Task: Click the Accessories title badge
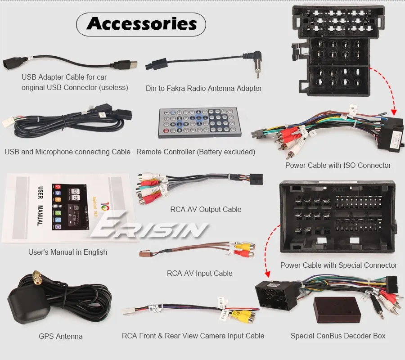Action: [141, 24]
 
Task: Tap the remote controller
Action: [199, 122]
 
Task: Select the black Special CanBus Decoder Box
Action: [337, 310]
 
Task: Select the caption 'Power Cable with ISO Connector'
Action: [338, 165]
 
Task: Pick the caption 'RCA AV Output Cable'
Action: [206, 209]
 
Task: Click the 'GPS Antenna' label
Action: [61, 336]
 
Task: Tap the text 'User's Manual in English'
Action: [67, 252]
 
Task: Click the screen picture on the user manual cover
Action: [67, 205]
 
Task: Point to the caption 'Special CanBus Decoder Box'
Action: [338, 336]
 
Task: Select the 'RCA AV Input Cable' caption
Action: [200, 273]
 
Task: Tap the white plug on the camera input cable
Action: [128, 311]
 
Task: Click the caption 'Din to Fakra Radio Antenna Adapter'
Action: [203, 88]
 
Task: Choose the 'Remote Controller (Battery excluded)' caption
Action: [196, 152]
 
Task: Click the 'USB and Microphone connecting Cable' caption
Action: [67, 152]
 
